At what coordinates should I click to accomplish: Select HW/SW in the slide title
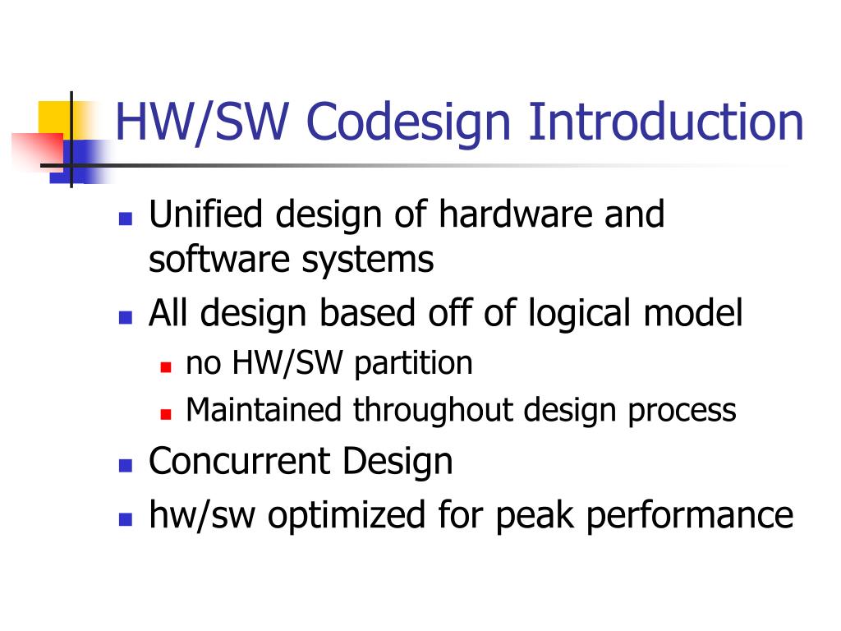(x=205, y=122)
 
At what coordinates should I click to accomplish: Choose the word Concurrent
(x=241, y=460)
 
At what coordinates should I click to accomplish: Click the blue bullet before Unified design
(x=126, y=219)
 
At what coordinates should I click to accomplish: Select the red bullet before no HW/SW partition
(x=165, y=366)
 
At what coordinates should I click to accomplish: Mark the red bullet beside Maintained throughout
(x=165, y=412)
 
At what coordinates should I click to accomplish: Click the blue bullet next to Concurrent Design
(x=126, y=464)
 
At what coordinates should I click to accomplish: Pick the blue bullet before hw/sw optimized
(x=126, y=518)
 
